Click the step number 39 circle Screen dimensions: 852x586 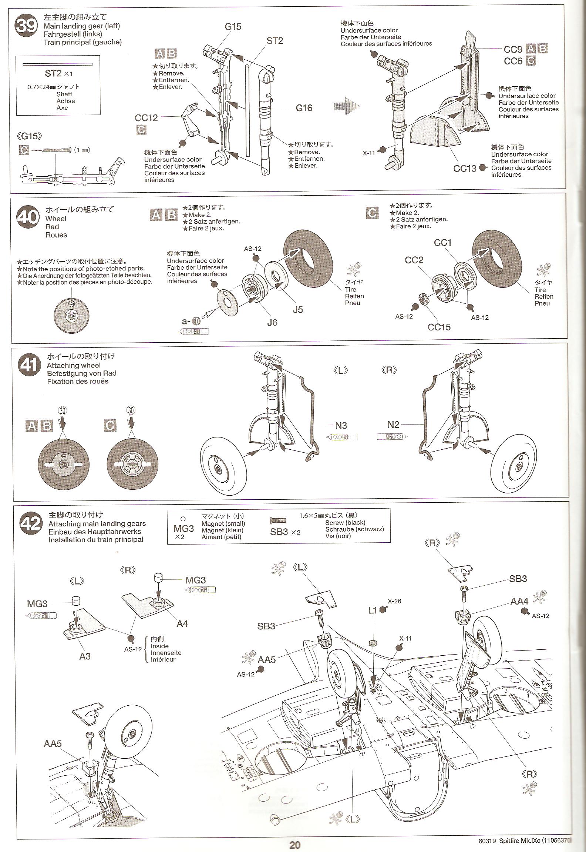pos(26,26)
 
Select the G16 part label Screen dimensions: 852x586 pos(304,108)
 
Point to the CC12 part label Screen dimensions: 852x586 pos(146,118)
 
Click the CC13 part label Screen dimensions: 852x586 pos(465,169)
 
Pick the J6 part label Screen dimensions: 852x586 pos(272,323)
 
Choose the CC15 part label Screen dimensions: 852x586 pos(439,327)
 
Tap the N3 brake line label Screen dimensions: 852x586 pos(341,426)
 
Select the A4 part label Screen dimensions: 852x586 pos(182,624)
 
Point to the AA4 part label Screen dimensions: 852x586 pos(519,601)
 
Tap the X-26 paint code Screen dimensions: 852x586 pos(394,601)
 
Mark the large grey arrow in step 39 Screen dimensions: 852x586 pos(347,106)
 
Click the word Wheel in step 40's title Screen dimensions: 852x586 pos(55,219)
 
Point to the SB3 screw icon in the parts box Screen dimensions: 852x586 pos(278,520)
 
